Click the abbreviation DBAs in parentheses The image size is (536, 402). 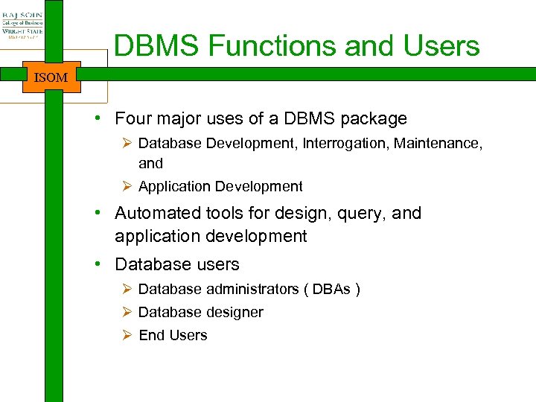point(331,289)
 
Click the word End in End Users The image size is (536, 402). point(151,335)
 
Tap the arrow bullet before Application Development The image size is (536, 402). point(127,186)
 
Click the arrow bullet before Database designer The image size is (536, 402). point(127,312)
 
